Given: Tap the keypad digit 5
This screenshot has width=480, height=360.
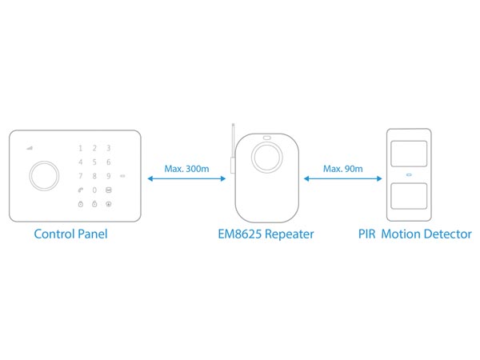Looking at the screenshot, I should coord(94,162).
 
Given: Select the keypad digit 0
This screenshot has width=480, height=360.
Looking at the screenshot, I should coord(94,190).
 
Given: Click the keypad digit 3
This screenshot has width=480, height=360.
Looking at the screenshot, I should coord(109,148).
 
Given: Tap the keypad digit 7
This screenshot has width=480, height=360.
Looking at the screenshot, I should coord(80,176).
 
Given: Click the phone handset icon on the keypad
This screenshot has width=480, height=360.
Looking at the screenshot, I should coord(80,190).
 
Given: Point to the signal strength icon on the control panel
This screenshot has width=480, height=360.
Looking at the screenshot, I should coord(30,147).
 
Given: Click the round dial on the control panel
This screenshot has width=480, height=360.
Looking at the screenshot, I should coord(43,176).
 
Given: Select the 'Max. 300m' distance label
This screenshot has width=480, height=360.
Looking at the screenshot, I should coord(186,169).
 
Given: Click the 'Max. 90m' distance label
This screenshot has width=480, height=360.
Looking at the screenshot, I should coord(342,169).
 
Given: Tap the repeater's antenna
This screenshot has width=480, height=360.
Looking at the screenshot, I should coord(230,148).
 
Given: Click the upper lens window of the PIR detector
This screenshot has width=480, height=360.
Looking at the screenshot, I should coord(408,153).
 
